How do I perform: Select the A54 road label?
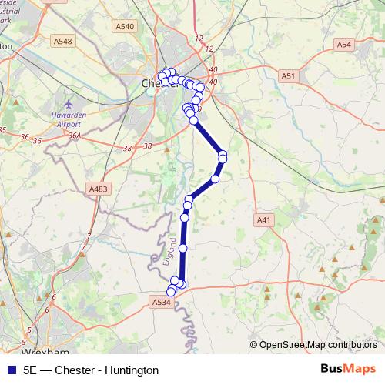tap(344, 45)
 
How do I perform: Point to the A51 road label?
tap(288, 76)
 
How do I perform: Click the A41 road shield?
tap(264, 220)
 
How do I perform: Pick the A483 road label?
tap(99, 189)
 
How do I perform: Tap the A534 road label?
tap(162, 303)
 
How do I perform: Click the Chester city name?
tap(150, 82)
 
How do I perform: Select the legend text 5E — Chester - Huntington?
tap(91, 370)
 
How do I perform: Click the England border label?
tap(169, 254)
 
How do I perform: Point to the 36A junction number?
tap(74, 136)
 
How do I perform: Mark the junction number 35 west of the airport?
tap(3, 130)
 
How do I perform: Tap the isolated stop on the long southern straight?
tap(183, 249)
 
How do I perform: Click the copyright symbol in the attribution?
tap(253, 345)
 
